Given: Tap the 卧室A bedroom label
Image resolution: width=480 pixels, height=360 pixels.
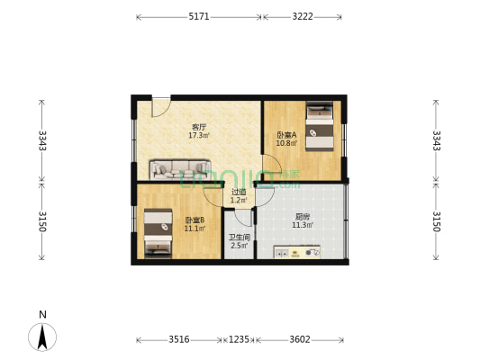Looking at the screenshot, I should (x=286, y=135).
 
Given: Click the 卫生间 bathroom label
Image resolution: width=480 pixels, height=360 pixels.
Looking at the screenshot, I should (x=239, y=237).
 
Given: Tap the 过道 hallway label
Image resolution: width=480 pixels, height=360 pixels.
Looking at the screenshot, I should (x=239, y=192).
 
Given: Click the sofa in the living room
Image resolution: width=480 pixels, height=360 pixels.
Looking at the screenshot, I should (x=180, y=169).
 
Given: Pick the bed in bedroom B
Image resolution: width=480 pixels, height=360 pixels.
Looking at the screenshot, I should (x=158, y=233).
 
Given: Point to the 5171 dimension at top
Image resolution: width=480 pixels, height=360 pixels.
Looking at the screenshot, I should (x=199, y=16).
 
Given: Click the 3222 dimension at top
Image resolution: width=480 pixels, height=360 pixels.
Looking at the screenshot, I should (x=302, y=16).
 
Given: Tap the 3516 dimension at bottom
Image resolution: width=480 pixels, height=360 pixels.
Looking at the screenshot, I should (x=178, y=339).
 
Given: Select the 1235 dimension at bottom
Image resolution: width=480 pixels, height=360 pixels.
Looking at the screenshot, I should (x=239, y=339).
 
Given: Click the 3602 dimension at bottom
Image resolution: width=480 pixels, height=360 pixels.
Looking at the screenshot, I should (x=300, y=339).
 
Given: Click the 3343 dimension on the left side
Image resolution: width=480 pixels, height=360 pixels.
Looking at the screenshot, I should (x=41, y=140).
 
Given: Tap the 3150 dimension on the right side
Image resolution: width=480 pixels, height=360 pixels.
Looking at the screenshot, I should (x=437, y=221).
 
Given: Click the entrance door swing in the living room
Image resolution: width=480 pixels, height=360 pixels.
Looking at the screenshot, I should (x=160, y=105).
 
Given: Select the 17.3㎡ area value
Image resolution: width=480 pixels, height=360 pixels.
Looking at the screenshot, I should (x=198, y=136).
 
